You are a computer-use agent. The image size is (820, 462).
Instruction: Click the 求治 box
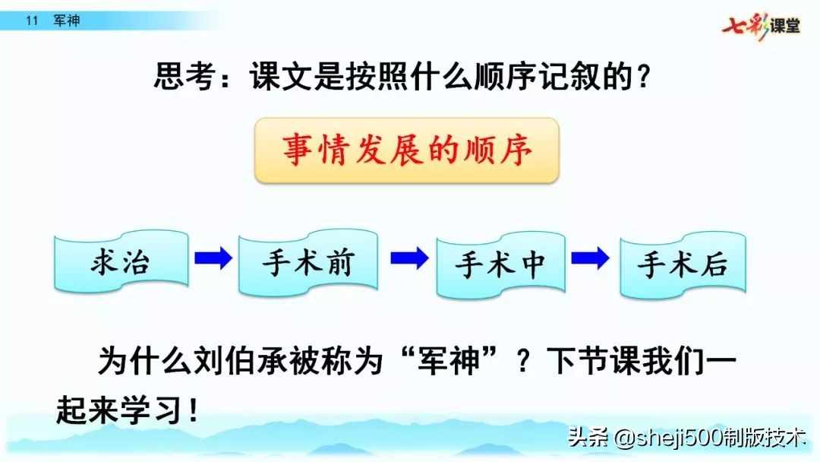(120, 263)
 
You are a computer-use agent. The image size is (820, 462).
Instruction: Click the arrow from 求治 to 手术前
(213, 258)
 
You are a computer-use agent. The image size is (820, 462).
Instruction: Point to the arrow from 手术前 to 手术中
(408, 258)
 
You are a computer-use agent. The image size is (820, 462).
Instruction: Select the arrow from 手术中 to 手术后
(590, 258)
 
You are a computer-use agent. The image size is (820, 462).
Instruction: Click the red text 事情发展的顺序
(407, 150)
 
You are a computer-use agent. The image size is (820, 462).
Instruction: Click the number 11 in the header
(31, 21)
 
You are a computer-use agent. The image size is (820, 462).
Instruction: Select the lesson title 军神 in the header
(67, 21)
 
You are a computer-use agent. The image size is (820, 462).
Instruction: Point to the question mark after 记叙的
(643, 77)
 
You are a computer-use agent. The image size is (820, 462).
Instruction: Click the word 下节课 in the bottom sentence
(585, 359)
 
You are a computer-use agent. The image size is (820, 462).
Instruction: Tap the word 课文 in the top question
(280, 77)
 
